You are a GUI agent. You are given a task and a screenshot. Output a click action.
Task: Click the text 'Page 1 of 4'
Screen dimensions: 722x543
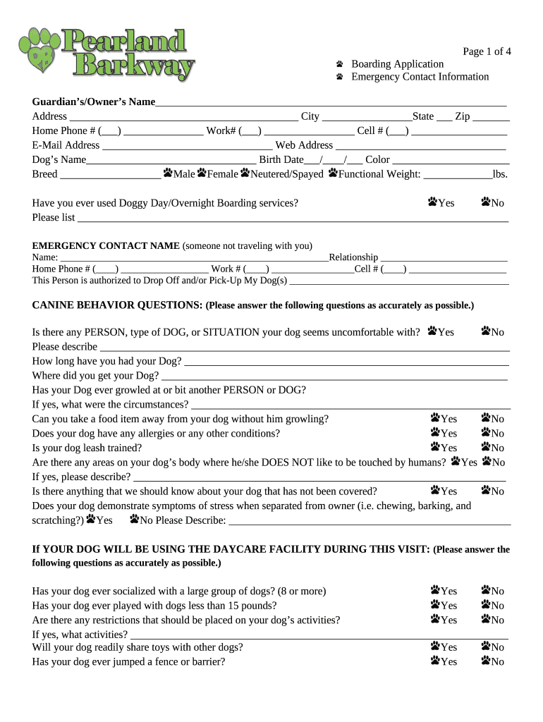[487, 51]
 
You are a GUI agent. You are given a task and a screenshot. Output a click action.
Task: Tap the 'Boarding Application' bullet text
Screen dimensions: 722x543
[398, 64]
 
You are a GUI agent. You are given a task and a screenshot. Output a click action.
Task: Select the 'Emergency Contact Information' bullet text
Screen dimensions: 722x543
[420, 77]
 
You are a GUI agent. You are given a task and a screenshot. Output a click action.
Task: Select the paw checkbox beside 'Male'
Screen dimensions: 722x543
[168, 173]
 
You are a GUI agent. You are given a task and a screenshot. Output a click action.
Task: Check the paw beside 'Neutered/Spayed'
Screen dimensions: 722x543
[245, 173]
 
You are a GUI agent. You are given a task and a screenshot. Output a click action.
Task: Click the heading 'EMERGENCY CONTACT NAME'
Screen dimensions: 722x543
[106, 246]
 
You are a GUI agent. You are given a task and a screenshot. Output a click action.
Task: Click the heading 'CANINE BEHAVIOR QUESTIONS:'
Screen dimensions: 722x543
[117, 305]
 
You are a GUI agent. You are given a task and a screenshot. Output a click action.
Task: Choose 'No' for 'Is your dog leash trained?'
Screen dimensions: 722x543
[486, 447]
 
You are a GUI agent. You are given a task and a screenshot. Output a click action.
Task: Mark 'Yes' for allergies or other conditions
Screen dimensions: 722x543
[435, 432]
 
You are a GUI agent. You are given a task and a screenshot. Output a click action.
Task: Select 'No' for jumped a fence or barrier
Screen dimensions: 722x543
[486, 661]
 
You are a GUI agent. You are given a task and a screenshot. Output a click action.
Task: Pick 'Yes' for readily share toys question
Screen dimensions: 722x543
[435, 646]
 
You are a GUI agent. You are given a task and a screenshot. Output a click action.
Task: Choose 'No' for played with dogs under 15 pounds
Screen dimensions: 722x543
[486, 605]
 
